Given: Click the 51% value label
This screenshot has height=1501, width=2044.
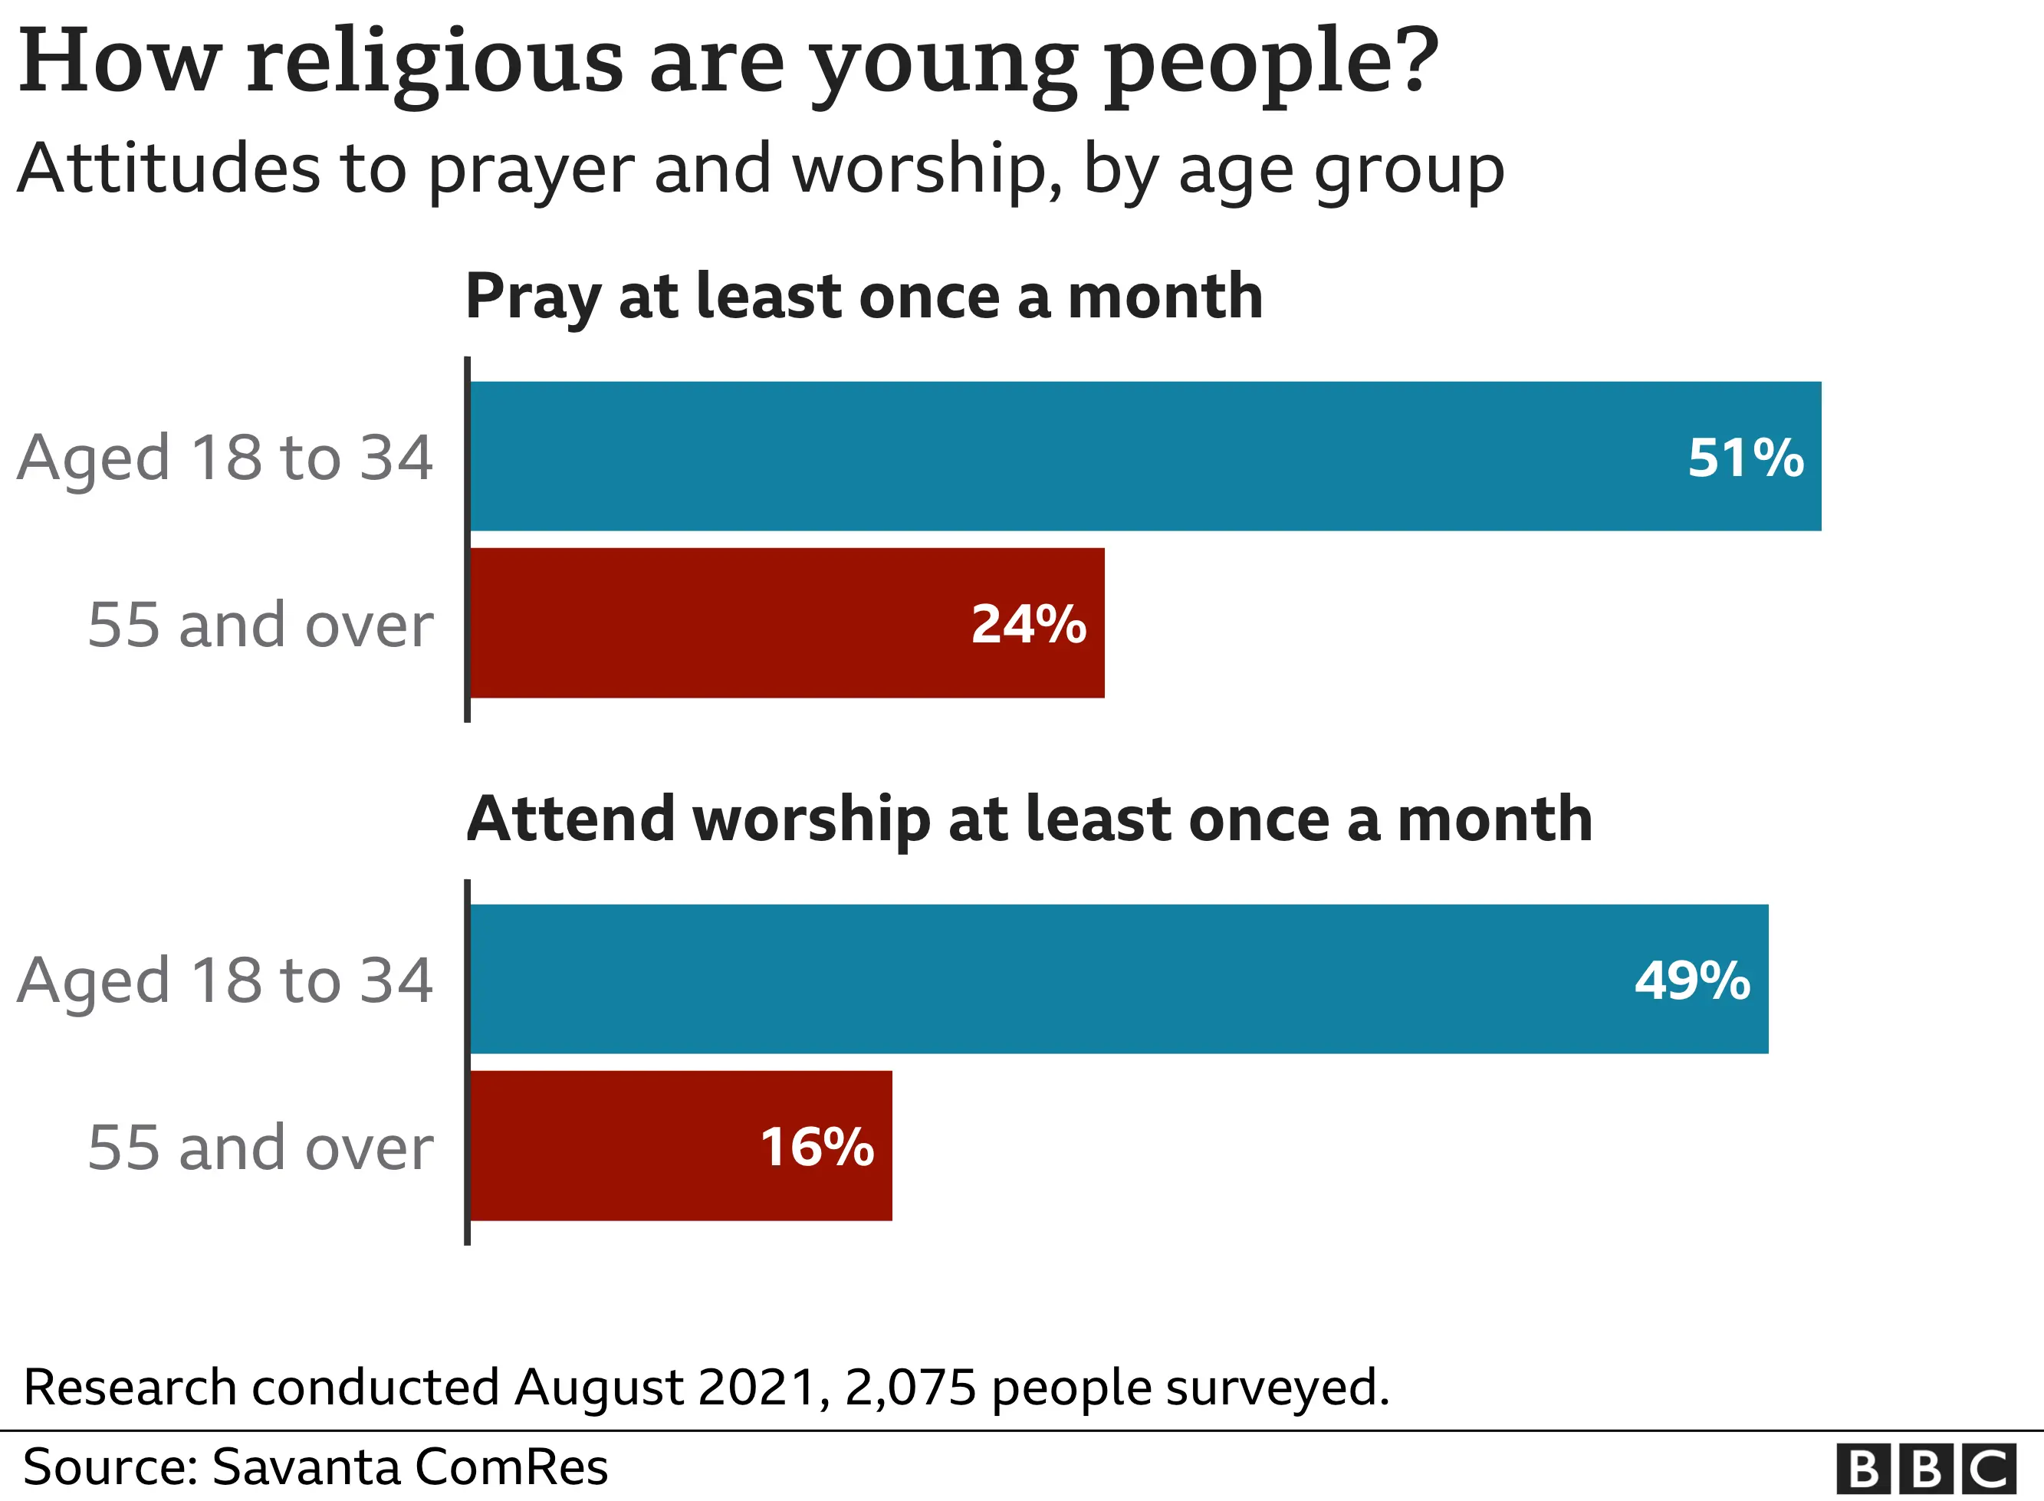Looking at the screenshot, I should pos(1744,457).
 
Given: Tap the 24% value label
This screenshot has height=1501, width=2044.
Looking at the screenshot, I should pos(1028,624).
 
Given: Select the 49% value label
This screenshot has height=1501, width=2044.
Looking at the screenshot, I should pos(1691,980).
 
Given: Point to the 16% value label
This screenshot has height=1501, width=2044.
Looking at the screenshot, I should pos(817,1147).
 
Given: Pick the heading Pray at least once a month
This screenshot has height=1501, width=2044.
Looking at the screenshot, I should pos(863,297).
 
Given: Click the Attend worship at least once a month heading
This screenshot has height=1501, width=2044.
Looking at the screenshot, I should pos(1028,819).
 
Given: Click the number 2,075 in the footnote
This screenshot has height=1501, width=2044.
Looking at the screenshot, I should pos(910,1388).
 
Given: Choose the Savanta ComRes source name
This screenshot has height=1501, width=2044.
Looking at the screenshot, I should pos(409,1467).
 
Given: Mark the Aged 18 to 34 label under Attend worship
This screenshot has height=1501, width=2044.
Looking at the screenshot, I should pos(225,981).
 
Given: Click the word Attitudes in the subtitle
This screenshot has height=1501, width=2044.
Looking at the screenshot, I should pos(168,170).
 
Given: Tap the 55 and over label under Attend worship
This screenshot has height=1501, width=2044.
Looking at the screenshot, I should pos(261,1148).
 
